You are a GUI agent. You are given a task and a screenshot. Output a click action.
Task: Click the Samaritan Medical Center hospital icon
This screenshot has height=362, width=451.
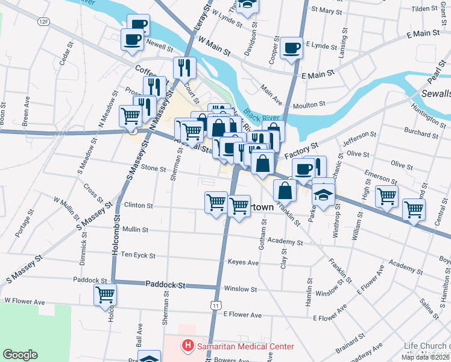pos(188,346)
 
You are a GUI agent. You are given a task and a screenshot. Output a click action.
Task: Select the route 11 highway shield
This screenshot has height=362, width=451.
pos(215,306)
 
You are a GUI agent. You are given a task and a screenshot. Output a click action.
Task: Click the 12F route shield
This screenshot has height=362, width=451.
pos(43,21)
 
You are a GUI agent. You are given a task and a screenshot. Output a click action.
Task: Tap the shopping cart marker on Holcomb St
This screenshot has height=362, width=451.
pos(105,294)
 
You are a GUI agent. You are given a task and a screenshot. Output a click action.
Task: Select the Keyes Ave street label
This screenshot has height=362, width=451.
pos(243,262)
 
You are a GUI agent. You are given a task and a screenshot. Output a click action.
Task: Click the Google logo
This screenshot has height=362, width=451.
pos(20,355)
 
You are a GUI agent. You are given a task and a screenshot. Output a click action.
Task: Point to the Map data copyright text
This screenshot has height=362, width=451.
pos(426,357)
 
